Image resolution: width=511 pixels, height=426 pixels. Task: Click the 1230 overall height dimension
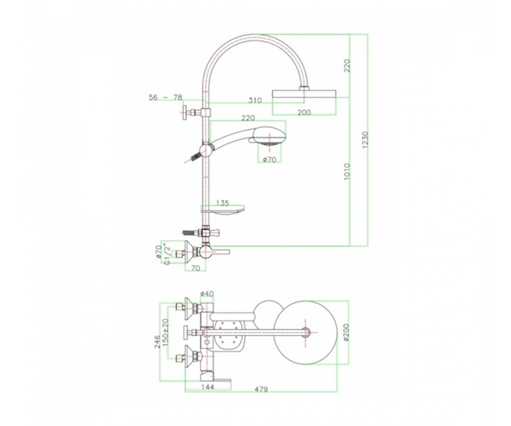point(365,140)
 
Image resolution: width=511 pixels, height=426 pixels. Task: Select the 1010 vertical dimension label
point(347,172)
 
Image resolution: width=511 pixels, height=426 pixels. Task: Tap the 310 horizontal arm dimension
point(255,100)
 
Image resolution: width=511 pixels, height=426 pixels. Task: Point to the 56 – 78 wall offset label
point(165,97)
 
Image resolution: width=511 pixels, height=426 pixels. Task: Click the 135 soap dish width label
point(223,203)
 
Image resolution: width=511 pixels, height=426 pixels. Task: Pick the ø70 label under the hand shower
point(269,159)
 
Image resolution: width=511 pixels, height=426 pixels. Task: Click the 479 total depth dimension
point(261,389)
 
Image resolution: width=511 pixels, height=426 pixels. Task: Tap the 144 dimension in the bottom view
point(208,387)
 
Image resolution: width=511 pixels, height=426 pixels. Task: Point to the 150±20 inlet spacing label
point(166,332)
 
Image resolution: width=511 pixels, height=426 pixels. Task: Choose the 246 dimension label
point(157,341)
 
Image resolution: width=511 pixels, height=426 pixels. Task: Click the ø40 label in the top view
point(207,294)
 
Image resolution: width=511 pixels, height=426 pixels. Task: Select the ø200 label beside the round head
point(346,332)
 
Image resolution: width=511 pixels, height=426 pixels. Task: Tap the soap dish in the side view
point(223,212)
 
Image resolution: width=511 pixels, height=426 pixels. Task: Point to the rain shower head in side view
point(305,94)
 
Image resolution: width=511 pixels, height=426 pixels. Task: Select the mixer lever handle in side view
point(221,252)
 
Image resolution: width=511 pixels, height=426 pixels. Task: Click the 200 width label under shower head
point(305,113)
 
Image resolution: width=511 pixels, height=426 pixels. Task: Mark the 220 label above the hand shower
point(248,118)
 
